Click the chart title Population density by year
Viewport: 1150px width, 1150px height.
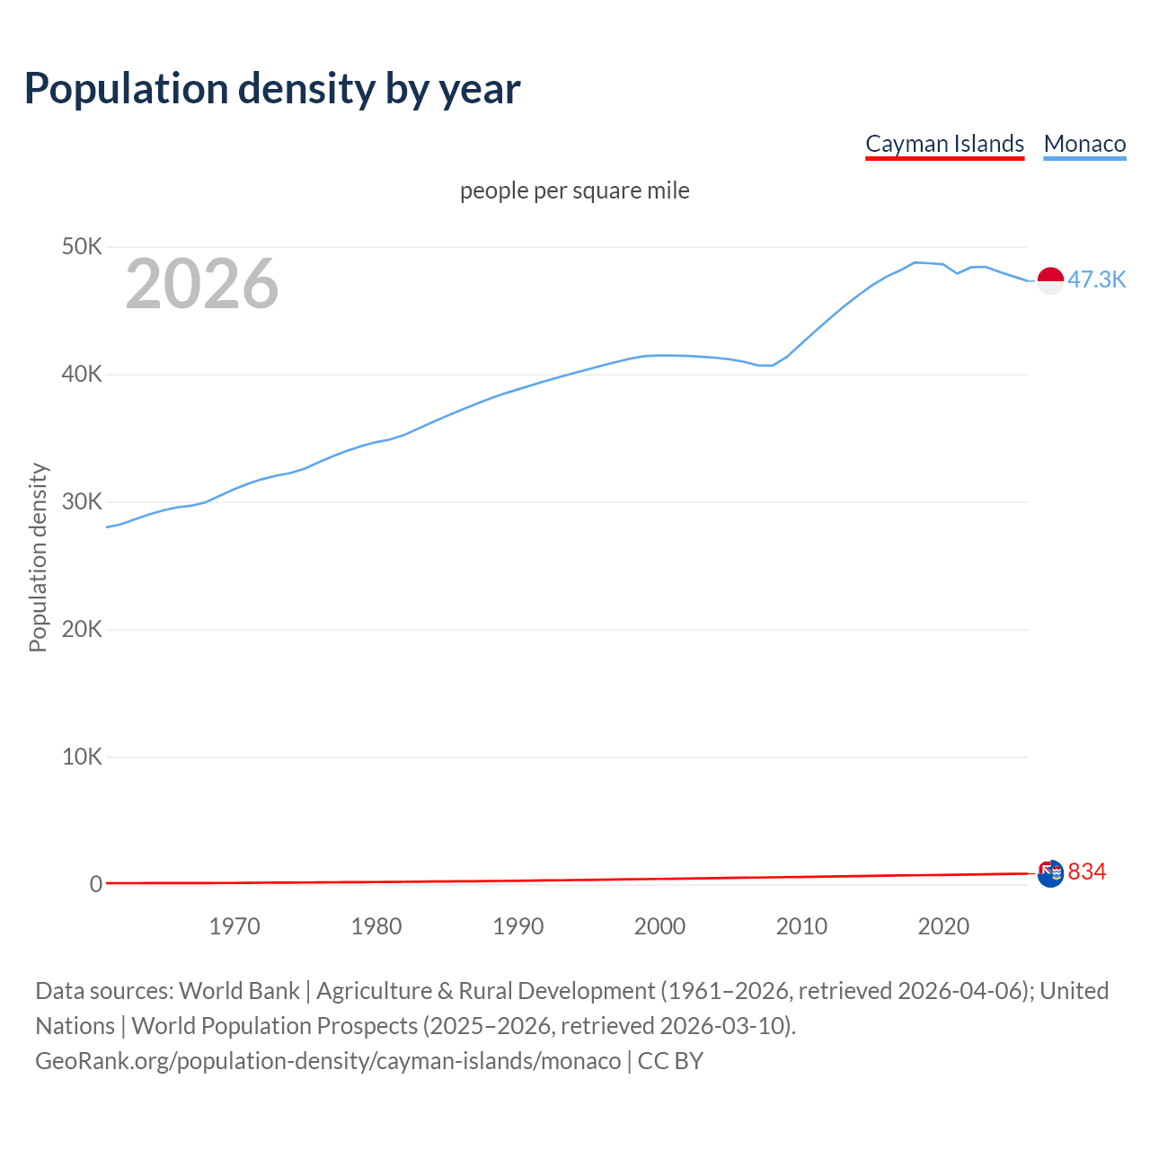coord(272,89)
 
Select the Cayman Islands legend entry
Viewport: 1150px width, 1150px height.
coord(944,144)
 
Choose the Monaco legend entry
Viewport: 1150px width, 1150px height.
coord(1084,144)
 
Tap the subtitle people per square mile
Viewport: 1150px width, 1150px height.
coord(574,191)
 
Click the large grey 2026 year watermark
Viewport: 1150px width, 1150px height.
coord(202,284)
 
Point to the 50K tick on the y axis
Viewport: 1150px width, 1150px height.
coord(82,246)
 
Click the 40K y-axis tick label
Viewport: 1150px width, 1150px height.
coord(82,374)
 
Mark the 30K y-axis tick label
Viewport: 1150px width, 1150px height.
coord(82,501)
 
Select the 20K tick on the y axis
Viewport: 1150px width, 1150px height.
coord(82,629)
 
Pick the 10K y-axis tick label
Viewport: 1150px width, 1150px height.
coord(82,756)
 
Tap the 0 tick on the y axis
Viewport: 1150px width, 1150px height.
coord(96,884)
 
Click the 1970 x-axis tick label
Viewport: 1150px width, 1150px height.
coord(234,926)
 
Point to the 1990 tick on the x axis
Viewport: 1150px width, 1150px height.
coord(518,926)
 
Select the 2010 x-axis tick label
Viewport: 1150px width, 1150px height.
coord(801,926)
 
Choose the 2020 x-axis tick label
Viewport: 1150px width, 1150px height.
coord(943,926)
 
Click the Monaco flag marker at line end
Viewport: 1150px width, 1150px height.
coord(1050,280)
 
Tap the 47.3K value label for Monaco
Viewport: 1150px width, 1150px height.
coord(1096,280)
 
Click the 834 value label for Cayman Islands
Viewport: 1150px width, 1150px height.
coord(1087,872)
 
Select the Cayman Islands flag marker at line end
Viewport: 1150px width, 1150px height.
coord(1050,873)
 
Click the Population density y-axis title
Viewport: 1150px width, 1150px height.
coord(38,557)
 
